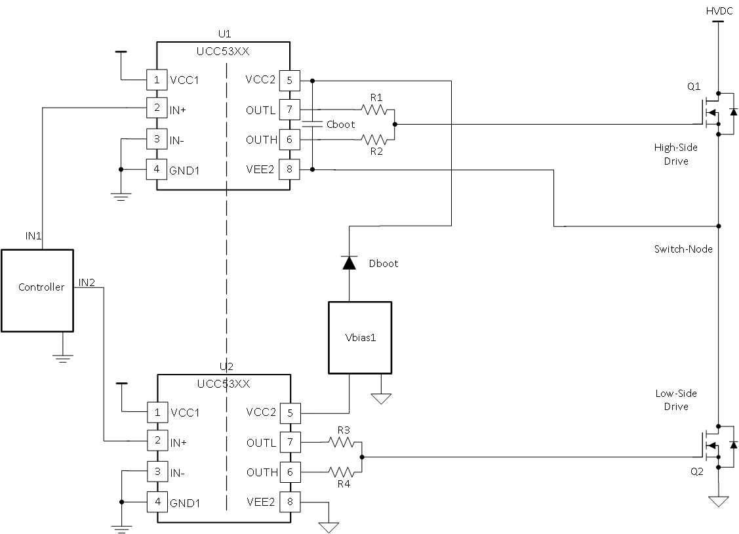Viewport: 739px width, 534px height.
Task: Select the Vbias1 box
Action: (359, 337)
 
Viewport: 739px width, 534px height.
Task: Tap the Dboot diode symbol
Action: (349, 262)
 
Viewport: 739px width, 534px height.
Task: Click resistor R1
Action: (376, 110)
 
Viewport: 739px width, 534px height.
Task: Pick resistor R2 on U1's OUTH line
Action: (376, 140)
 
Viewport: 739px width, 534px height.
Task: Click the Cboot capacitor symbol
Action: (313, 125)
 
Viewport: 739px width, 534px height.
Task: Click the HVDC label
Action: (718, 10)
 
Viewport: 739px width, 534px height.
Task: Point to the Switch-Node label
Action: (683, 249)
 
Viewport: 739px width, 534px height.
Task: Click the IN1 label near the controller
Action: (35, 234)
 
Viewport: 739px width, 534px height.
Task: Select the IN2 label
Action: (87, 282)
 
